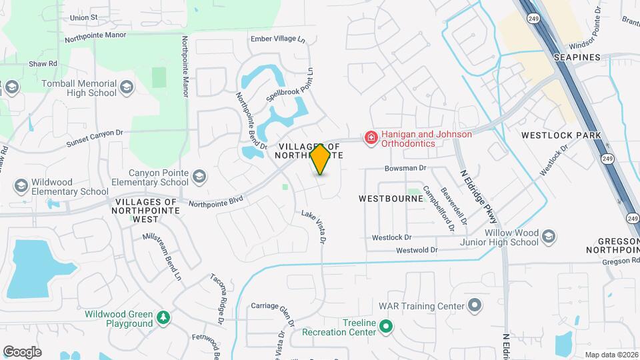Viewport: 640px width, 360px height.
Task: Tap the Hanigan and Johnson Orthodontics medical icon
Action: click(370, 138)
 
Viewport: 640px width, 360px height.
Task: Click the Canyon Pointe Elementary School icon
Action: click(198, 177)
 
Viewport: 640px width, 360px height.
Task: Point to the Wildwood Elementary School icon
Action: click(21, 185)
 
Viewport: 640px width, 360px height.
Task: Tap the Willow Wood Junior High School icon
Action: click(548, 237)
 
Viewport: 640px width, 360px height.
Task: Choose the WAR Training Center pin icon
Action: click(474, 306)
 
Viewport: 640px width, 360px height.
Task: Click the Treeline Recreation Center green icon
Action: click(385, 327)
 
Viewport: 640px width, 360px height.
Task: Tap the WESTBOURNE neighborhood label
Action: click(390, 198)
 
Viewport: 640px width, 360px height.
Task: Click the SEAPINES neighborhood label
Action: click(577, 57)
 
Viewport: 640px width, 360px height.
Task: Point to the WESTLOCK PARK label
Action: click(561, 135)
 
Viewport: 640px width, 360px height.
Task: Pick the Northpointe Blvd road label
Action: click(215, 201)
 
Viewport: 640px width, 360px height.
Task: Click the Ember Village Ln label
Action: click(277, 39)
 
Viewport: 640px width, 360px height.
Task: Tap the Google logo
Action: click(22, 351)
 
